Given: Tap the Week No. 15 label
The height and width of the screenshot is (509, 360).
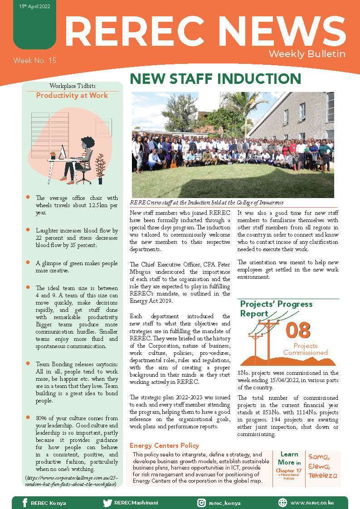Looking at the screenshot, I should pyautogui.click(x=34, y=60).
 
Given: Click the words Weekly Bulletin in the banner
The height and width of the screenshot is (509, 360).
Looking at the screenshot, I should pyautogui.click(x=307, y=54).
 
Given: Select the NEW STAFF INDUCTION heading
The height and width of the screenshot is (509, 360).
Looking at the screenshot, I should pyautogui.click(x=215, y=79).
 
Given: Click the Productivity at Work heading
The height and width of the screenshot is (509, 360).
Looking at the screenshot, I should pyautogui.click(x=72, y=96).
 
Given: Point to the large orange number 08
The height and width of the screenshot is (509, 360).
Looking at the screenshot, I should pyautogui.click(x=298, y=330).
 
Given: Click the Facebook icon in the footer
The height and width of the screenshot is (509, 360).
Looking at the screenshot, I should pyautogui.click(x=25, y=503).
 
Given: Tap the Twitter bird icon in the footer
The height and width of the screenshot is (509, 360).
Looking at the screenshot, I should pyautogui.click(x=107, y=503).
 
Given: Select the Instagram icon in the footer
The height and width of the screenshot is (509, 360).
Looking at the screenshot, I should pyautogui.click(x=201, y=503).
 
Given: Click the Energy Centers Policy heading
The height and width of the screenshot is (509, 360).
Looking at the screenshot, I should pyautogui.click(x=164, y=446).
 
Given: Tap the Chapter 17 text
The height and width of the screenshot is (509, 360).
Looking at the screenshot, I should pyautogui.click(x=289, y=470).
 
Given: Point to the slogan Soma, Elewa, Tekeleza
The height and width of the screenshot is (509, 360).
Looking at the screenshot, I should pyautogui.click(x=323, y=466).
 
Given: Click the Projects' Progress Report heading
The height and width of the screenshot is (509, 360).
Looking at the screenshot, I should pyautogui.click(x=276, y=308).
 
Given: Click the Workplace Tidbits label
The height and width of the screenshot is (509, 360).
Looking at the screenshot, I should pyautogui.click(x=73, y=86).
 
